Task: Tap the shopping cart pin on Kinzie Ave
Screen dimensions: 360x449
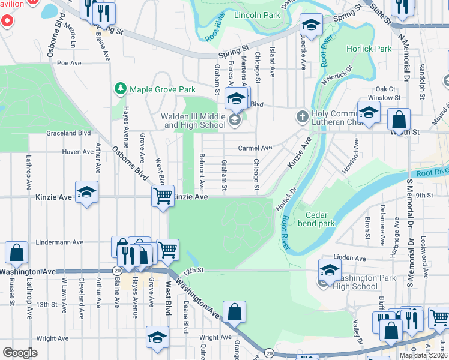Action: [x=163, y=196]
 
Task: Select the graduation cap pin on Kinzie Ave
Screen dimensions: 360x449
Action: [x=86, y=192]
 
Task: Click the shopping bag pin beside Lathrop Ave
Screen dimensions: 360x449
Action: [x=16, y=253]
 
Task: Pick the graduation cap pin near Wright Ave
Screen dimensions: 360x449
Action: [x=158, y=337]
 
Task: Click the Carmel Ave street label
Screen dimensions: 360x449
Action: [x=255, y=148]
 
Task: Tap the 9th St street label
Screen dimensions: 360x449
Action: [x=424, y=195]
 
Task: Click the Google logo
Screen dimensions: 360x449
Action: [x=20, y=353]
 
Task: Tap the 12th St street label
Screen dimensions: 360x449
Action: [x=190, y=271]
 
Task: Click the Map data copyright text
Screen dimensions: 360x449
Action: [x=423, y=355]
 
